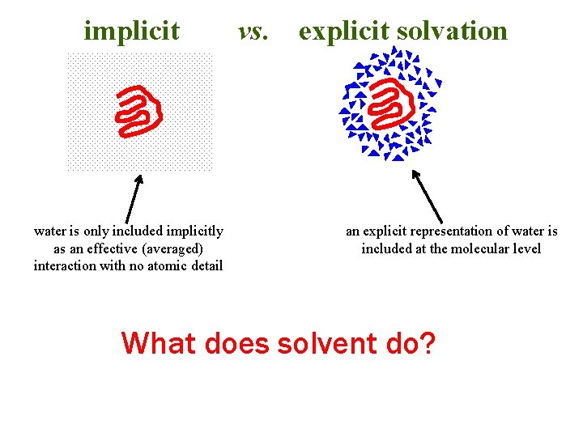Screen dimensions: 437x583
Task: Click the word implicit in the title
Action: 131,31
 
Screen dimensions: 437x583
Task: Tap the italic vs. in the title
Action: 253,31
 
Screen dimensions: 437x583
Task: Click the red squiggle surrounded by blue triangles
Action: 389,104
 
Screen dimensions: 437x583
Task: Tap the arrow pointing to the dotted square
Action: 134,197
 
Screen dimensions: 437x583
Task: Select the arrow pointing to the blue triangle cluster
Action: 427,195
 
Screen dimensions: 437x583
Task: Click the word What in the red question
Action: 159,343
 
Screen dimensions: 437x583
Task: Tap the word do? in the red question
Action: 410,343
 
